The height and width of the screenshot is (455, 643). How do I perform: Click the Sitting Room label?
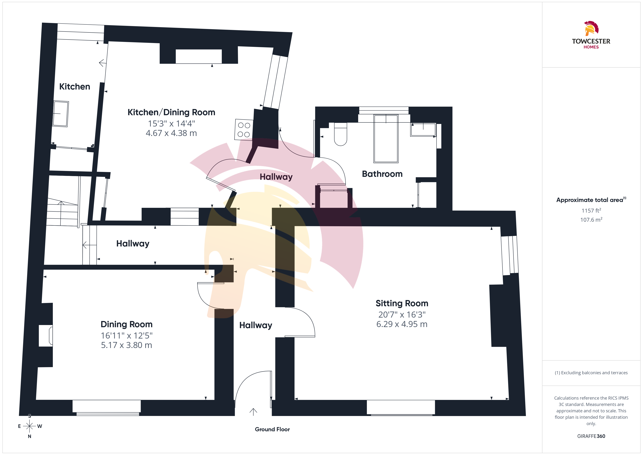(x=402, y=304)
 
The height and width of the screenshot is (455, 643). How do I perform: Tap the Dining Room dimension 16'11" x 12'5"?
(x=127, y=335)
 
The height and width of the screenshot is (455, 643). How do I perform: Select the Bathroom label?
(x=382, y=174)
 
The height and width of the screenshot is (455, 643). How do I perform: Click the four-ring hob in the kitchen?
(x=244, y=130)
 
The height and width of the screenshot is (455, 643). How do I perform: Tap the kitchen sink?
(x=61, y=113)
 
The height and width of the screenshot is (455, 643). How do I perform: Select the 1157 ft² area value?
(x=591, y=210)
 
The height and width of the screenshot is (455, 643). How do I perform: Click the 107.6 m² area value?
(x=591, y=220)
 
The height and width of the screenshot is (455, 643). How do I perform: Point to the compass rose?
(x=29, y=426)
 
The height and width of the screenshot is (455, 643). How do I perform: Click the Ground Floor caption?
(x=272, y=429)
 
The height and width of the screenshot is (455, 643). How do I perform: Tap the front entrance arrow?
(x=253, y=412)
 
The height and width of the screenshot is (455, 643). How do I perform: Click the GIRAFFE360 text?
(x=591, y=436)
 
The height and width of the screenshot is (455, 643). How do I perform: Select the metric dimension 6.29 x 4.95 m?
(x=402, y=324)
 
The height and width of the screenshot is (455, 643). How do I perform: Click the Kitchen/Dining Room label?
(x=171, y=112)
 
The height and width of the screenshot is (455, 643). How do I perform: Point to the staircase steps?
(x=62, y=212)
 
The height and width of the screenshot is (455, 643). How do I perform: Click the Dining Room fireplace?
(x=46, y=336)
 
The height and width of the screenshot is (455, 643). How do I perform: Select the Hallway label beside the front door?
(x=256, y=325)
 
